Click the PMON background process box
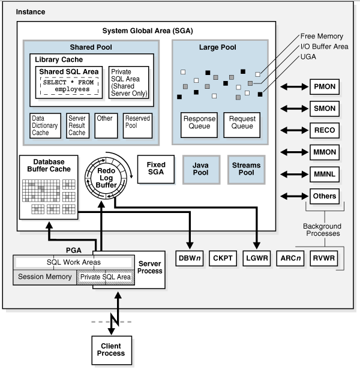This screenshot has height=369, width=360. (325, 87)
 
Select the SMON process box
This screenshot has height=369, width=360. (325, 109)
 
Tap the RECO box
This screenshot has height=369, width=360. (325, 130)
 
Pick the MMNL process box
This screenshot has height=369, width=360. (325, 174)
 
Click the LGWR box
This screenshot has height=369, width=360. (256, 259)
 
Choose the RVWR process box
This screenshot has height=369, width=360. (325, 259)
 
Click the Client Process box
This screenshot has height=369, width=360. (113, 349)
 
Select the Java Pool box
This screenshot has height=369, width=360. (200, 169)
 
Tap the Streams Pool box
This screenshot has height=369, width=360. (246, 169)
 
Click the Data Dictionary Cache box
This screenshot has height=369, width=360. (46, 125)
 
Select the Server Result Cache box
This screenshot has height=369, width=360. (77, 125)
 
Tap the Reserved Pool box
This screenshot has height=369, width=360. (138, 125)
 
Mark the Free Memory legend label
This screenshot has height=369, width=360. (316, 36)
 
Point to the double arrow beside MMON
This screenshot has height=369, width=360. (293, 152)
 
